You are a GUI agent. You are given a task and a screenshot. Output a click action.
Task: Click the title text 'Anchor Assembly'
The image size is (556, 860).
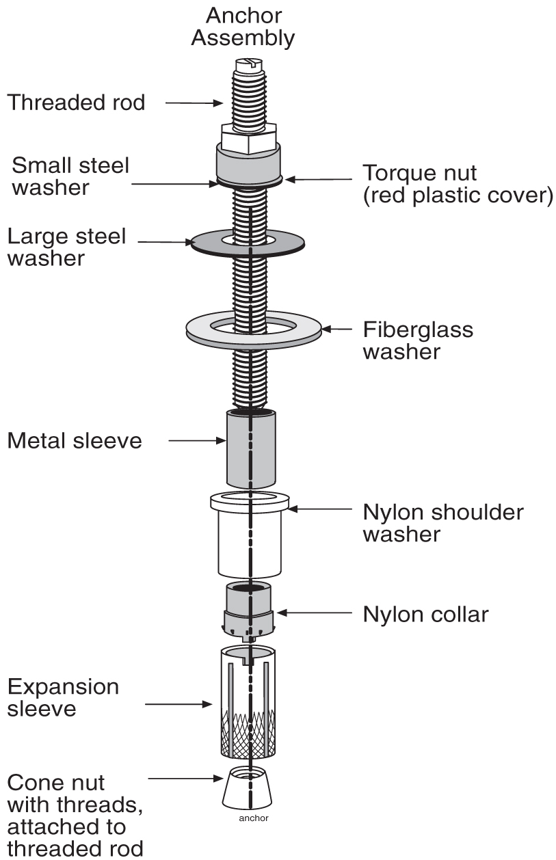pos(243,26)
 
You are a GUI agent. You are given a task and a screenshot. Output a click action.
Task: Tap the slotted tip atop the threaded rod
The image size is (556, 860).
pos(245,66)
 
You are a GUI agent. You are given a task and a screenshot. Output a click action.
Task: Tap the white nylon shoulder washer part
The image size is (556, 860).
pos(250,540)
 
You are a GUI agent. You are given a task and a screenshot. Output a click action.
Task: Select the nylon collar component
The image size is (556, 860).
pos(250,608)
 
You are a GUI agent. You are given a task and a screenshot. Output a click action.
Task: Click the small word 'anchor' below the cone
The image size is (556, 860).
pos(254,818)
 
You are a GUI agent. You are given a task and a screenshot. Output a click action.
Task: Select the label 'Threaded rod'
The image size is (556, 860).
pos(76,103)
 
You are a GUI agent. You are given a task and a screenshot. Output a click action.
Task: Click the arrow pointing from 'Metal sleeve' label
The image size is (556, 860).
pos(196,441)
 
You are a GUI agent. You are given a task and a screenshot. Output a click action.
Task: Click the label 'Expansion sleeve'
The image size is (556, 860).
pos(63,697)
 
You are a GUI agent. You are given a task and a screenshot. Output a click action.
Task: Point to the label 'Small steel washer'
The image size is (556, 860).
pos(70,176)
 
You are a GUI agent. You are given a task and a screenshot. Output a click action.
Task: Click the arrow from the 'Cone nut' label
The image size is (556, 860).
pos(187,778)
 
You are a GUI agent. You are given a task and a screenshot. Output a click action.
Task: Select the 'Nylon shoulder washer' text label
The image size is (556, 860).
pos(442,522)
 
